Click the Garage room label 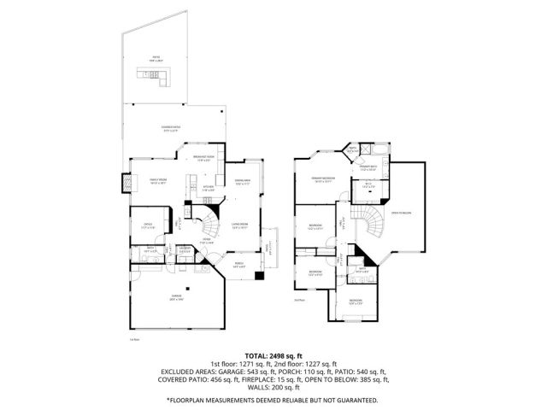174,297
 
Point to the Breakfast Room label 202,159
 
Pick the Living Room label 240,226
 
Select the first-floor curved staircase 209,225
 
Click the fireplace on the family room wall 127,183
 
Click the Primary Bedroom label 322,179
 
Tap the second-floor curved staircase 369,224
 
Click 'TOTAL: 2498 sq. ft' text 273,354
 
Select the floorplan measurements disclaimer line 273,398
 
